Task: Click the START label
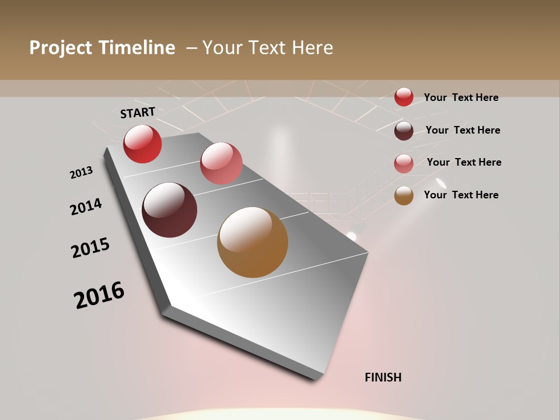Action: pos(138,113)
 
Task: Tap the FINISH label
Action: pos(383,377)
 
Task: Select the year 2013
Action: pos(81,173)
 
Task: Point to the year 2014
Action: pos(86,207)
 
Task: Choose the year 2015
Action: pos(90,248)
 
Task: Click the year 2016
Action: pos(99,295)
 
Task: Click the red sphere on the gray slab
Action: pos(142,143)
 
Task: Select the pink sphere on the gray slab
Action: pos(221,163)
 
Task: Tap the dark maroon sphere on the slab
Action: pos(170,210)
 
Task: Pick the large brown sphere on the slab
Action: pos(253,242)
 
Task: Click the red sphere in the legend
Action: pos(404,97)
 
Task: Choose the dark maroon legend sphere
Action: pos(404,131)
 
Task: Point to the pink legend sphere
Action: pos(404,163)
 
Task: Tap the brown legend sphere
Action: pos(404,196)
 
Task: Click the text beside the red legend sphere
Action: pos(461,97)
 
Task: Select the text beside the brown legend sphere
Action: pos(461,195)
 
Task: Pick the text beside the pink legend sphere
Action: pos(464,162)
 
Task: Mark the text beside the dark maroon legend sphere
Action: pos(463,130)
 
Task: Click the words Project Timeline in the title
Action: pos(102,48)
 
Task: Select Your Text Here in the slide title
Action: pos(268,48)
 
